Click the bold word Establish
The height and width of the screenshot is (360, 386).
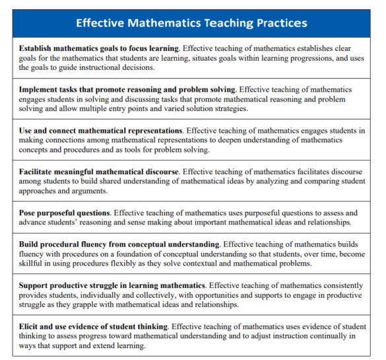click(x=39, y=49)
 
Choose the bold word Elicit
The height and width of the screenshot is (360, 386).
click(x=30, y=326)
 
